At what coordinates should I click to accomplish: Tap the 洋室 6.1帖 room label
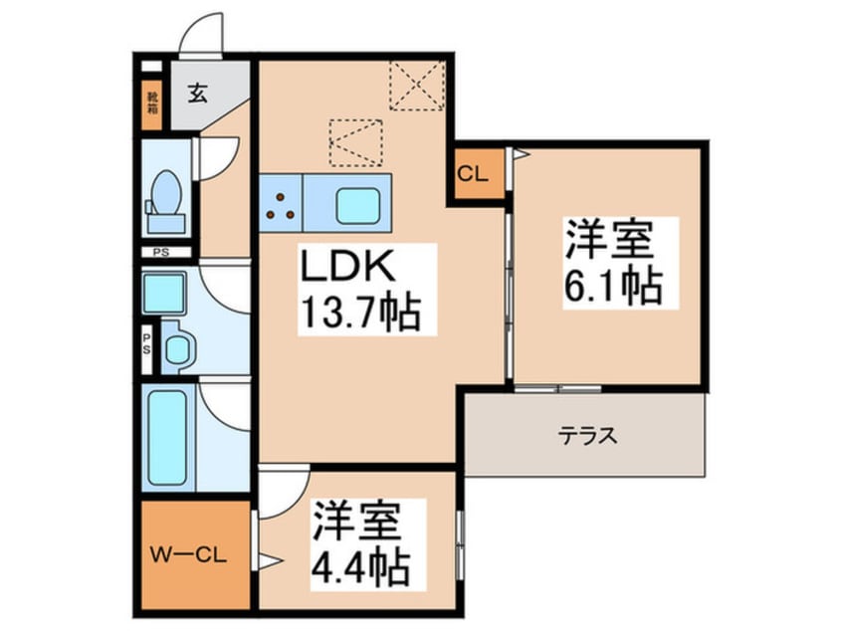[610, 263]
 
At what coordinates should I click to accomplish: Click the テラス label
[586, 435]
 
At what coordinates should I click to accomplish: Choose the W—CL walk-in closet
[189, 555]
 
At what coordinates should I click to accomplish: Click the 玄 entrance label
[197, 96]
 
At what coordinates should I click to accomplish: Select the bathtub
[165, 438]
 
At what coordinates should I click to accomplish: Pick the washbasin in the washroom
[178, 348]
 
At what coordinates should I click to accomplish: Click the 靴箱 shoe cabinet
[151, 104]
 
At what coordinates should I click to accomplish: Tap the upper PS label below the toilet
[160, 253]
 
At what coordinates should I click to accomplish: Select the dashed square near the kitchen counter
[355, 142]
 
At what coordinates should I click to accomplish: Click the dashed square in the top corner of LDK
[417, 85]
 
